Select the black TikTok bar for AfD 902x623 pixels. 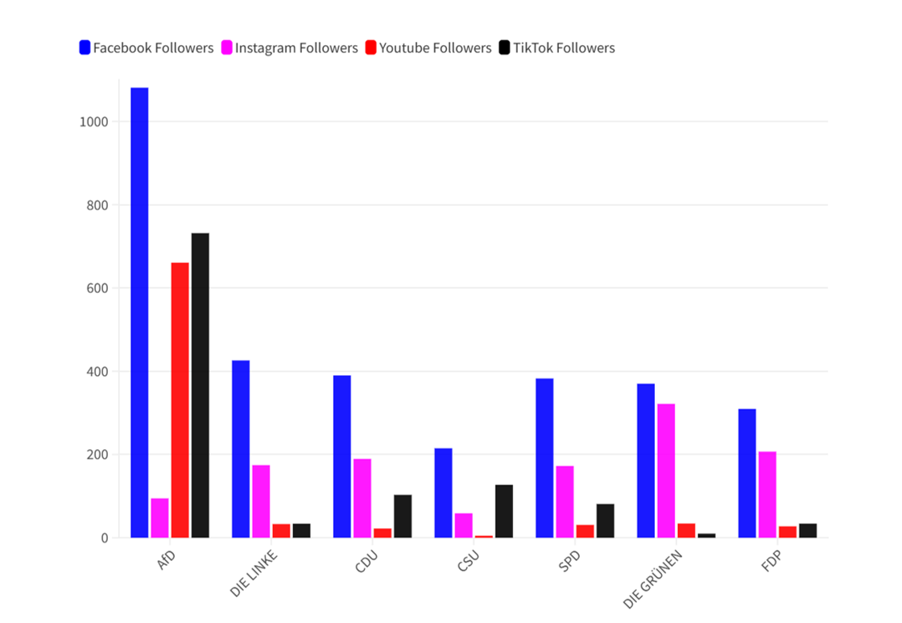click(200, 386)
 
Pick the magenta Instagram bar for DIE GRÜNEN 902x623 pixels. click(666, 471)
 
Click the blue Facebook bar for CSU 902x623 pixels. click(443, 493)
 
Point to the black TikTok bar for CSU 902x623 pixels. click(504, 511)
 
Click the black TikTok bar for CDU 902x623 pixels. click(403, 516)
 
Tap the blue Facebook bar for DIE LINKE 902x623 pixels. click(241, 449)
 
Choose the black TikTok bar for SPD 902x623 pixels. click(606, 521)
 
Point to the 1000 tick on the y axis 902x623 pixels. click(94, 122)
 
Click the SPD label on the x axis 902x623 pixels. click(568, 560)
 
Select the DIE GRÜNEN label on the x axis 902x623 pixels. click(652, 578)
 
